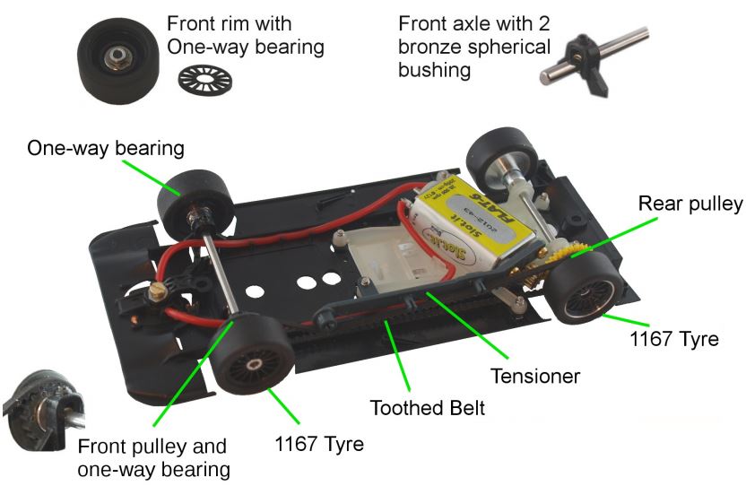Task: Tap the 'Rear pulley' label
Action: pos(690,204)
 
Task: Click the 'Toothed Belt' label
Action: pos(428,409)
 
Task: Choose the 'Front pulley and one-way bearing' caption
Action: pos(152,457)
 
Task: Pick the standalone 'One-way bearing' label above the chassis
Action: pos(106,148)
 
